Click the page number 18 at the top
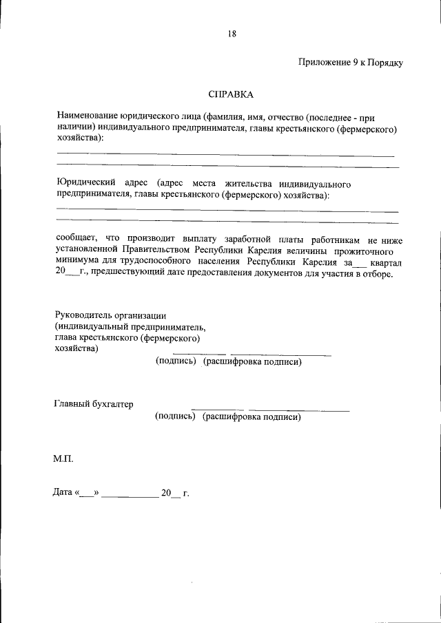pos(232,32)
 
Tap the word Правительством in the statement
pos(158,251)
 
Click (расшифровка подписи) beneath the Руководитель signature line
pos(252,361)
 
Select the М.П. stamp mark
pos(63,458)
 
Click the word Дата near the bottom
pos(63,492)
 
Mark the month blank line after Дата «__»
pos(130,494)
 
